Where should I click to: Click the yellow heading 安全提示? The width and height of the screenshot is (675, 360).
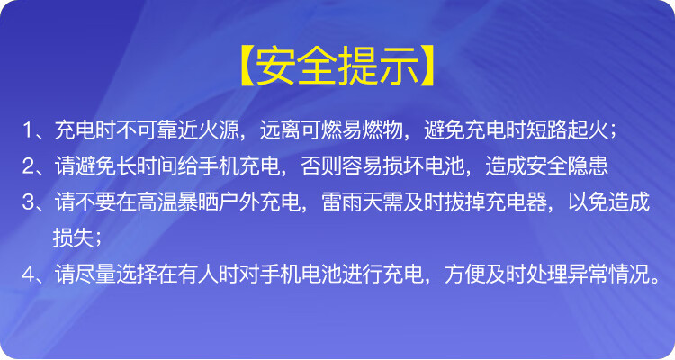pos(337,67)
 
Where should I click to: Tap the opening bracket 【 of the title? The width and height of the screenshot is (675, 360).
pos(247,67)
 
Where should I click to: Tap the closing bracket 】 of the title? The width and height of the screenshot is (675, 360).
pos(427,67)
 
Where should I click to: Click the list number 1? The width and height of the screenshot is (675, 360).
pos(28,130)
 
